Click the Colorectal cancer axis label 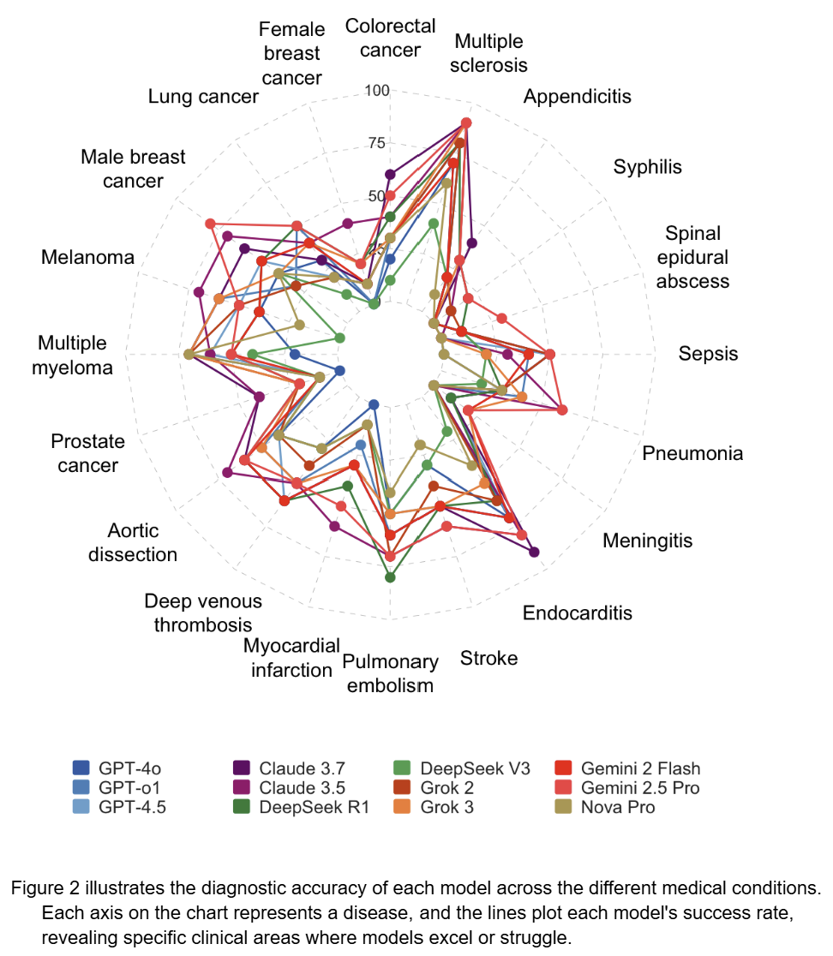tap(390, 38)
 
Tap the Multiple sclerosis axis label tap(488, 52)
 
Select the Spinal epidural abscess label tap(692, 257)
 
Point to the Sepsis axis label tap(708, 353)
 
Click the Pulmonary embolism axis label tap(390, 673)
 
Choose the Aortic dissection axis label tap(133, 542)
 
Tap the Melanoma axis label tap(87, 257)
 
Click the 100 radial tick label tap(377, 90)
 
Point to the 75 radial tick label tap(377, 143)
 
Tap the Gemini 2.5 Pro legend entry tap(639, 787)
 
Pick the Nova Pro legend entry tap(617, 807)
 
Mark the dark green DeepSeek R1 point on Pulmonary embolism tap(391, 577)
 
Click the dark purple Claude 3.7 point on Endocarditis tap(535, 553)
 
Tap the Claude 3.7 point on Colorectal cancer tap(391, 175)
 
